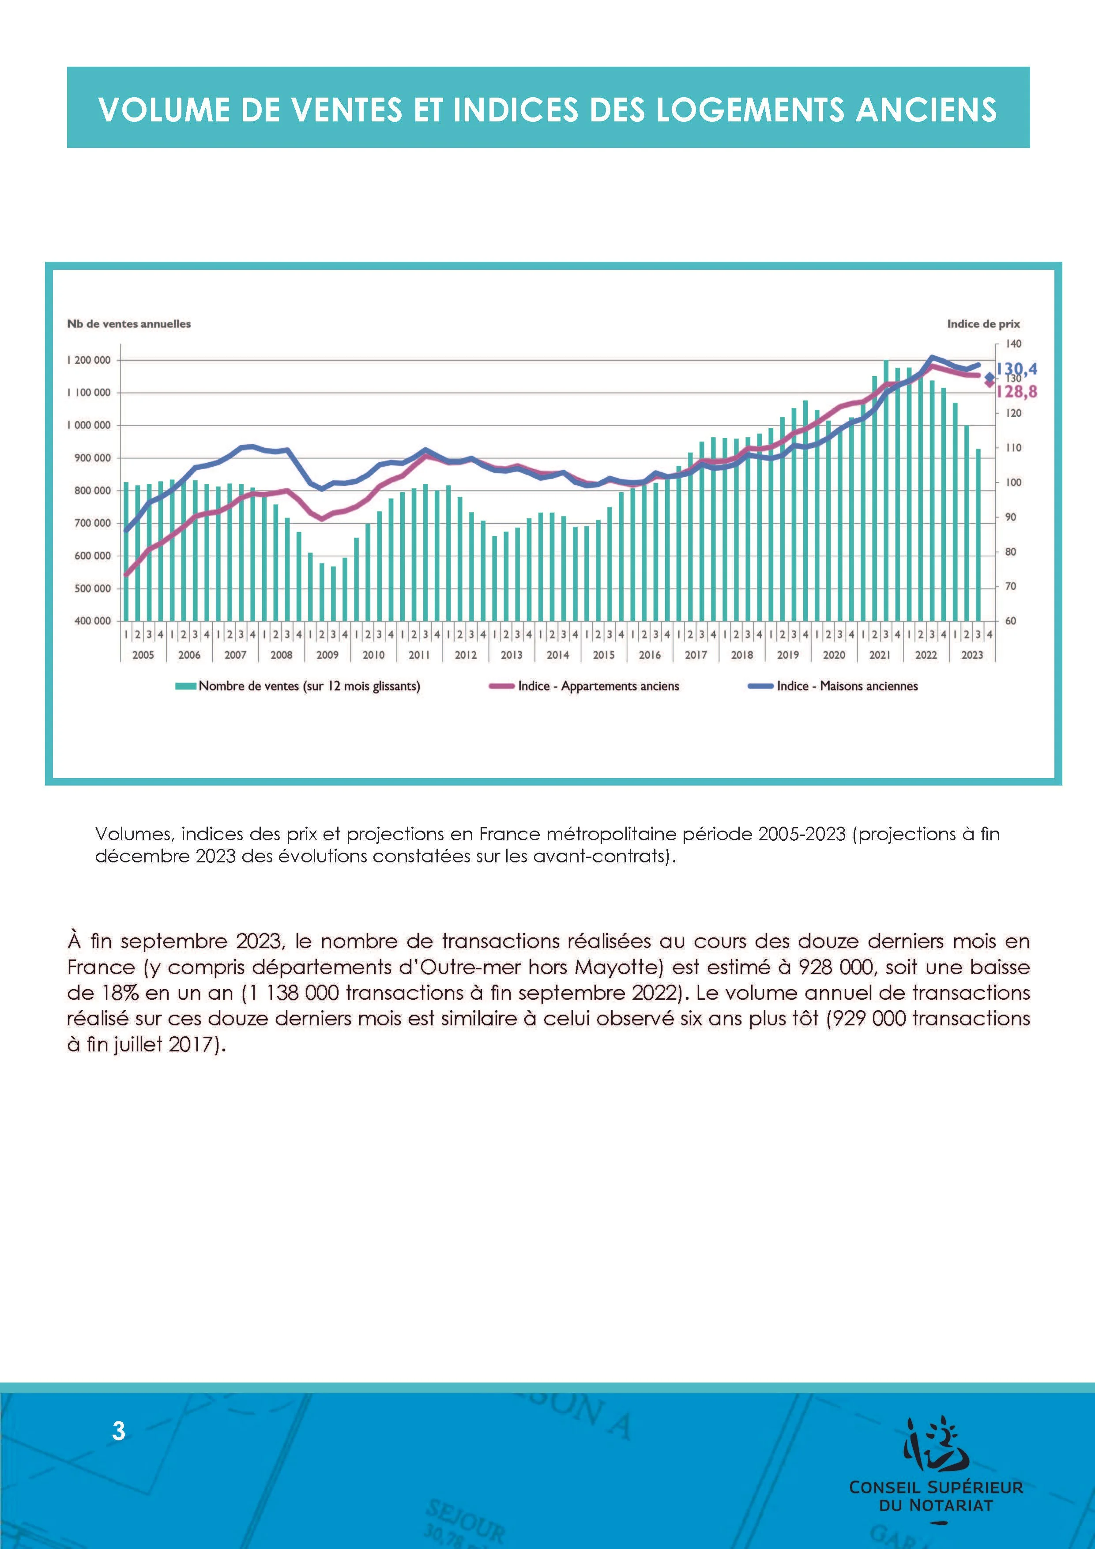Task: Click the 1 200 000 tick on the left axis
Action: click(88, 360)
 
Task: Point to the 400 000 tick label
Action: click(92, 621)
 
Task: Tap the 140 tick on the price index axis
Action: click(1013, 344)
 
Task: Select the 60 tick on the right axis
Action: click(1011, 621)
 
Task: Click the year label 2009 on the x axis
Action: click(327, 654)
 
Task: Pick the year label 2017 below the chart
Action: click(696, 654)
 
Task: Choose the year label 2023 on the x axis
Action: click(971, 654)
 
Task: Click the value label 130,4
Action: click(1017, 369)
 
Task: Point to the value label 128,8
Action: click(1017, 391)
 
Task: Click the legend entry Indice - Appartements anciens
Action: click(598, 686)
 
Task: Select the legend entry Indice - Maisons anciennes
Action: click(847, 686)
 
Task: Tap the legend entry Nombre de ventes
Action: click(309, 686)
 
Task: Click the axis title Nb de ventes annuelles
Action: click(129, 324)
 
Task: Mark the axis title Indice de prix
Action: click(983, 324)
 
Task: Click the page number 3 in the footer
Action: click(119, 1431)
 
